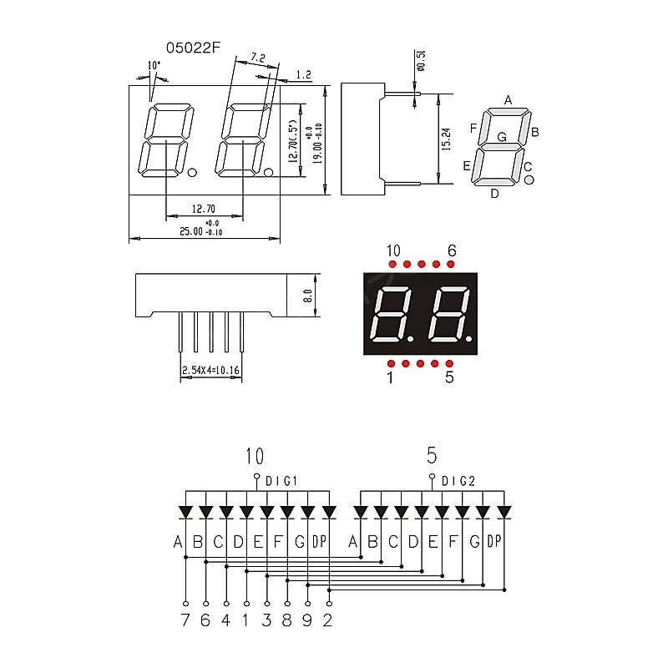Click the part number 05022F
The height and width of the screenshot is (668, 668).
pos(193,48)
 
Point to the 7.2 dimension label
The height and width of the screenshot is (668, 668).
pos(257,59)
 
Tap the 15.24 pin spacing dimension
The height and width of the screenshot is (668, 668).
pos(446,139)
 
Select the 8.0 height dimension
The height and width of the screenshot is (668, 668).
pos(307,296)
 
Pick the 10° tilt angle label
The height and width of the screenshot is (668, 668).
pos(154,65)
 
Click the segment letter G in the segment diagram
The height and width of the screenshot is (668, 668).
pos(502,136)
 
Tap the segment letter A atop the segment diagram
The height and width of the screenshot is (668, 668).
pos(508,100)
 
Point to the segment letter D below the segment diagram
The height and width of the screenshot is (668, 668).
pos(494,194)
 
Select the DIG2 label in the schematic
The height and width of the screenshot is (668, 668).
pos(458,481)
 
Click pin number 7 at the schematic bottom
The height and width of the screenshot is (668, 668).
pos(185,620)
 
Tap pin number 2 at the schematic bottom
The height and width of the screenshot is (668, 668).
pos(328,620)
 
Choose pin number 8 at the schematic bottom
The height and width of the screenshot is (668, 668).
pos(287,620)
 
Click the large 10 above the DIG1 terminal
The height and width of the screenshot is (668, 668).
pos(255,456)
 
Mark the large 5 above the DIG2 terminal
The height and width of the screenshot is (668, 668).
pos(432,455)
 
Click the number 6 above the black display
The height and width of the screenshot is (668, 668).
pos(452,250)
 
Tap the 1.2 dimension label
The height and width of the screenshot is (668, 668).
pos(303,75)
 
